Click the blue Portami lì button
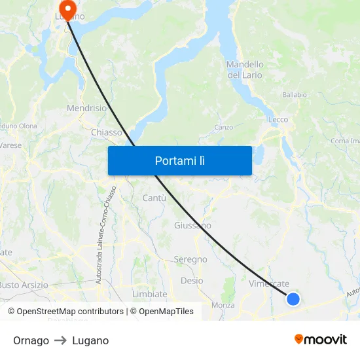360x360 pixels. pyautogui.click(x=179, y=160)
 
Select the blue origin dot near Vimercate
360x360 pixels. pyautogui.click(x=293, y=298)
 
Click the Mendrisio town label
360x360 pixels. pyautogui.click(x=86, y=108)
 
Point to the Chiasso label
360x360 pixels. pyautogui.click(x=107, y=132)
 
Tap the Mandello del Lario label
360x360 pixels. pyautogui.click(x=245, y=69)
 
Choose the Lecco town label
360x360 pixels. pyautogui.click(x=278, y=120)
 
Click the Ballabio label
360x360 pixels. pyautogui.click(x=295, y=95)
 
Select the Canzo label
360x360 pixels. pyautogui.click(x=223, y=127)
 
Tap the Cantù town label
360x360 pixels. pyautogui.click(x=154, y=198)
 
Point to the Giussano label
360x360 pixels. pyautogui.click(x=192, y=225)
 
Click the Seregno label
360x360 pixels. pyautogui.click(x=190, y=259)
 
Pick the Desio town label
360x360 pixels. pyautogui.click(x=192, y=281)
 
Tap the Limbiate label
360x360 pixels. pyautogui.click(x=150, y=294)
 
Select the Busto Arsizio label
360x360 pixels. pyautogui.click(x=24, y=285)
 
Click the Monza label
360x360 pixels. pyautogui.click(x=223, y=305)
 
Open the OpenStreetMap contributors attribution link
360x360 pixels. pyautogui.click(x=67, y=312)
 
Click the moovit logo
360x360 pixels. pyautogui.click(x=321, y=340)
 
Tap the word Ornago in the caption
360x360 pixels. pyautogui.click(x=31, y=340)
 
